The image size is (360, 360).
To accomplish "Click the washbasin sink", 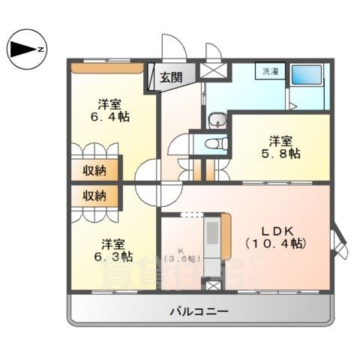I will pos(217,121).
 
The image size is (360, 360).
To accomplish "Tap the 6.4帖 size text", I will pos(109,118).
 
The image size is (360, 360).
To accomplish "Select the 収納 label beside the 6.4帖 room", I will pos(94,170).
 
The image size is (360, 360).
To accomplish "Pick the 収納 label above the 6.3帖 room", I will pos(94,195).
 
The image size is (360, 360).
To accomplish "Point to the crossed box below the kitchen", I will pos(213,286).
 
